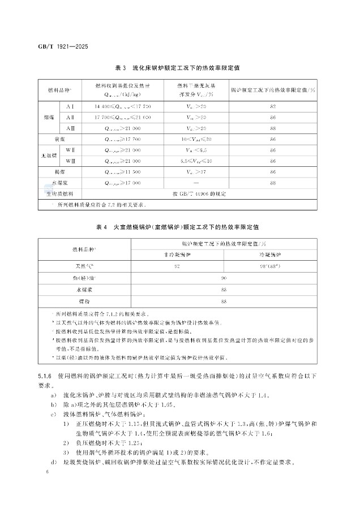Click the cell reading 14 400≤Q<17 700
123,106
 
